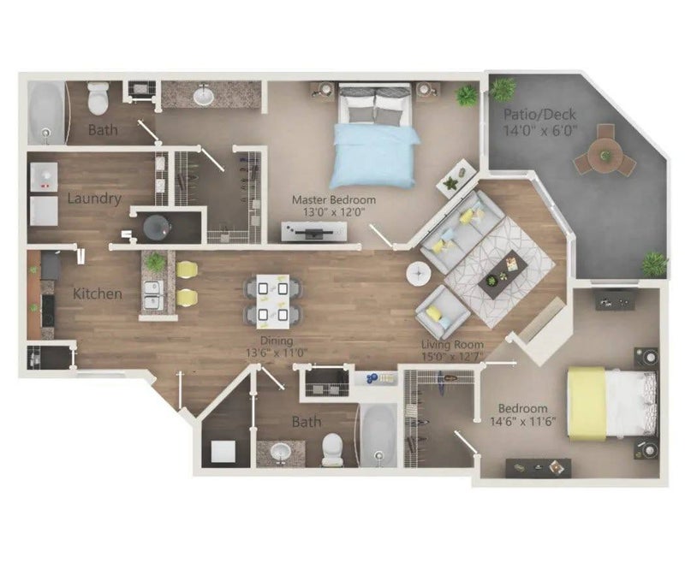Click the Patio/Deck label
[x=540, y=115]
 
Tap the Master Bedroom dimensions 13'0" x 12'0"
[x=334, y=212]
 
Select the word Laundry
[x=94, y=199]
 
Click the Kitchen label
[x=98, y=293]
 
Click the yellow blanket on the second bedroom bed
[x=587, y=404]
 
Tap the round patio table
[x=605, y=155]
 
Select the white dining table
[x=272, y=301]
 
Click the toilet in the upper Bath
[x=98, y=98]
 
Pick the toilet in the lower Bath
[x=332, y=449]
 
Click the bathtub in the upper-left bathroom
[x=47, y=113]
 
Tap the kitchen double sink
[x=154, y=295]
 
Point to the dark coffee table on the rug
[x=503, y=274]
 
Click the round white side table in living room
[x=419, y=274]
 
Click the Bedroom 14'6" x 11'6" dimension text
[x=523, y=421]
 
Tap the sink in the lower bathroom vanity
[x=280, y=452]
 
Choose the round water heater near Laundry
[x=158, y=228]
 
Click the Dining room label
[x=277, y=341]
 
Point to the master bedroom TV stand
[x=314, y=231]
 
